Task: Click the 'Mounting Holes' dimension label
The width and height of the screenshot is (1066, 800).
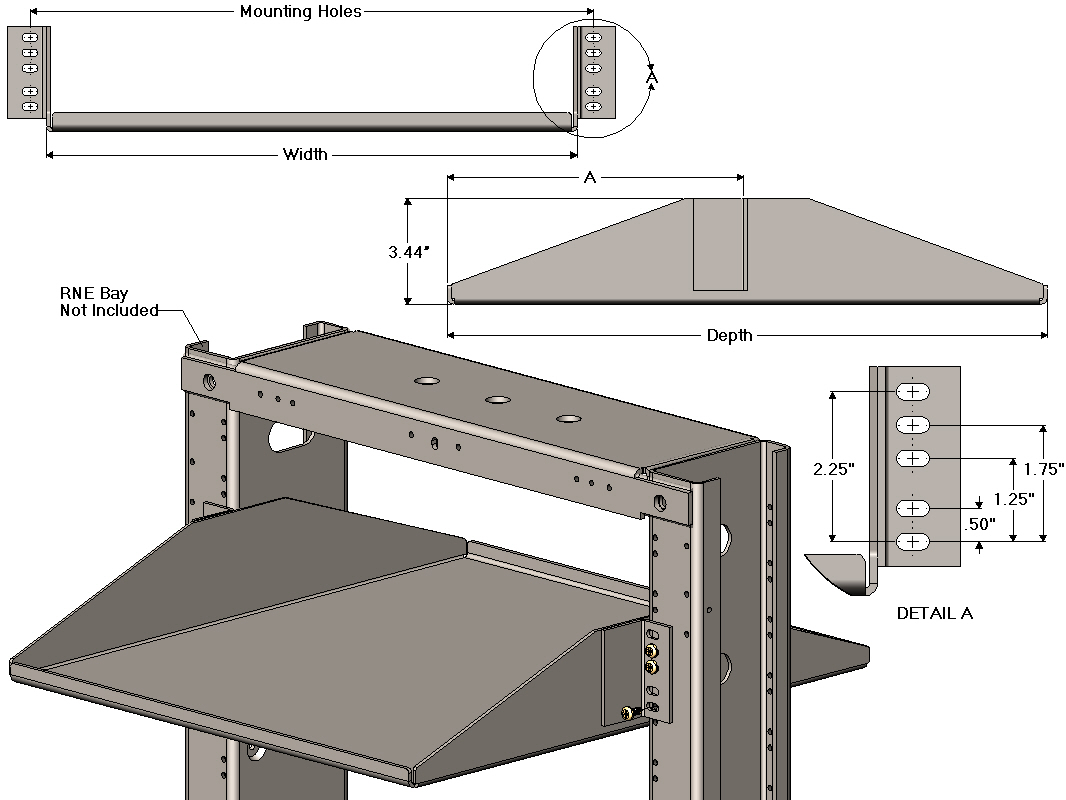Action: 301,12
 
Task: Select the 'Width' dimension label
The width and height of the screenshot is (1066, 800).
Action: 305,154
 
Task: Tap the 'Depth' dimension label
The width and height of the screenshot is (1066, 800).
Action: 729,335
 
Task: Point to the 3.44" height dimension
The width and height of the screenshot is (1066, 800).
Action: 409,252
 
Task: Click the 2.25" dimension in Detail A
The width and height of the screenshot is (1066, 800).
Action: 833,469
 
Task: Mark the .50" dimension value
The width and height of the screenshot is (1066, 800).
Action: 979,523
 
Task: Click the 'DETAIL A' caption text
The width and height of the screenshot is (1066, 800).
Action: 934,613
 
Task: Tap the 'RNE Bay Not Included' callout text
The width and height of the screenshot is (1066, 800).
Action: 109,302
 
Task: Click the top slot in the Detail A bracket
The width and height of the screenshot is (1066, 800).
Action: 913,391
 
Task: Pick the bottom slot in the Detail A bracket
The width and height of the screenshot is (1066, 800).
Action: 913,542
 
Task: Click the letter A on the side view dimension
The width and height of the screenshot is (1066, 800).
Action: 590,178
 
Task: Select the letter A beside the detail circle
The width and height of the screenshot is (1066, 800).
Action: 652,76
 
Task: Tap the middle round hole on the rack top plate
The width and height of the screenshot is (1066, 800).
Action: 497,399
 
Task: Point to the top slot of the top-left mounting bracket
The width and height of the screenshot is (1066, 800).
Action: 30,37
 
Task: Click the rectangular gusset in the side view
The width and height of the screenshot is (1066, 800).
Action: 719,244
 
